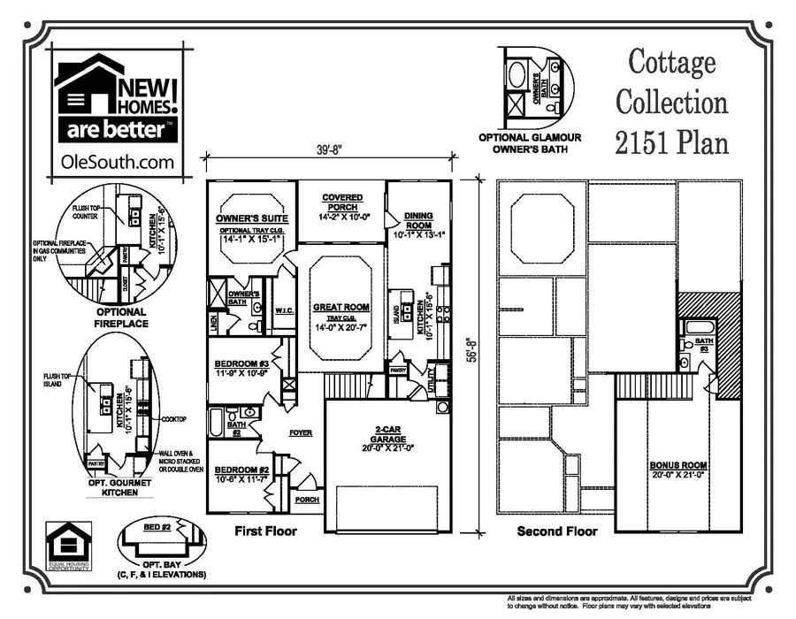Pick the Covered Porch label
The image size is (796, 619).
tap(342, 203)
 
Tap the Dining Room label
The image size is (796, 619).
tap(418, 220)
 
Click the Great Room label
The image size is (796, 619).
tap(341, 307)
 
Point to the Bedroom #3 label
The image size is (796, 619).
tap(242, 364)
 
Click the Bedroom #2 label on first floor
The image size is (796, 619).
tap(242, 470)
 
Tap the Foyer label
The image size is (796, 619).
tap(302, 433)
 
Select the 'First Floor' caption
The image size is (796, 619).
tap(264, 531)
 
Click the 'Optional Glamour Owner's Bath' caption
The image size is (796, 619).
tap(530, 143)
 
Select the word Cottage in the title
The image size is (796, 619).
tap(671, 62)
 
